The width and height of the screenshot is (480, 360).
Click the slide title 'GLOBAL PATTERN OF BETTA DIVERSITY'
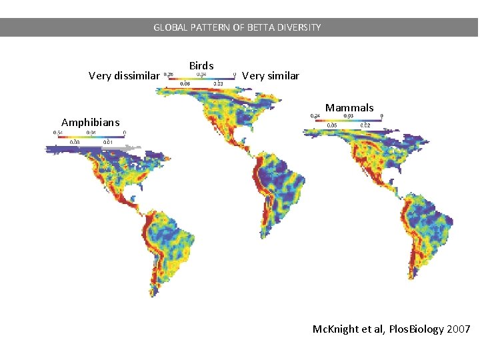pos(237,27)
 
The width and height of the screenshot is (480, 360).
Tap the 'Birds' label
pos(201,65)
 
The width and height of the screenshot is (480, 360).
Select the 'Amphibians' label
pos(90,122)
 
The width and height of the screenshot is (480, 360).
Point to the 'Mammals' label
pos(349,107)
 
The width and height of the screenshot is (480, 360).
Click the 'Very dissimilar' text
pos(124,76)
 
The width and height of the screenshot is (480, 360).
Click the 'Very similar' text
pos(270,76)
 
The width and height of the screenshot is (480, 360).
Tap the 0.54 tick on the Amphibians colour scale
pos(58,133)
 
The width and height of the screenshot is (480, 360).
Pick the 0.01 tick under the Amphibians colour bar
pos(108,142)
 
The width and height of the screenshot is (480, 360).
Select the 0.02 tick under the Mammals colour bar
pos(365,125)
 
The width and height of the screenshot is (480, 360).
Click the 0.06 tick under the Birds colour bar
pos(184,84)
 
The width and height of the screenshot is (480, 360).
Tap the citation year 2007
pos(459,329)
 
